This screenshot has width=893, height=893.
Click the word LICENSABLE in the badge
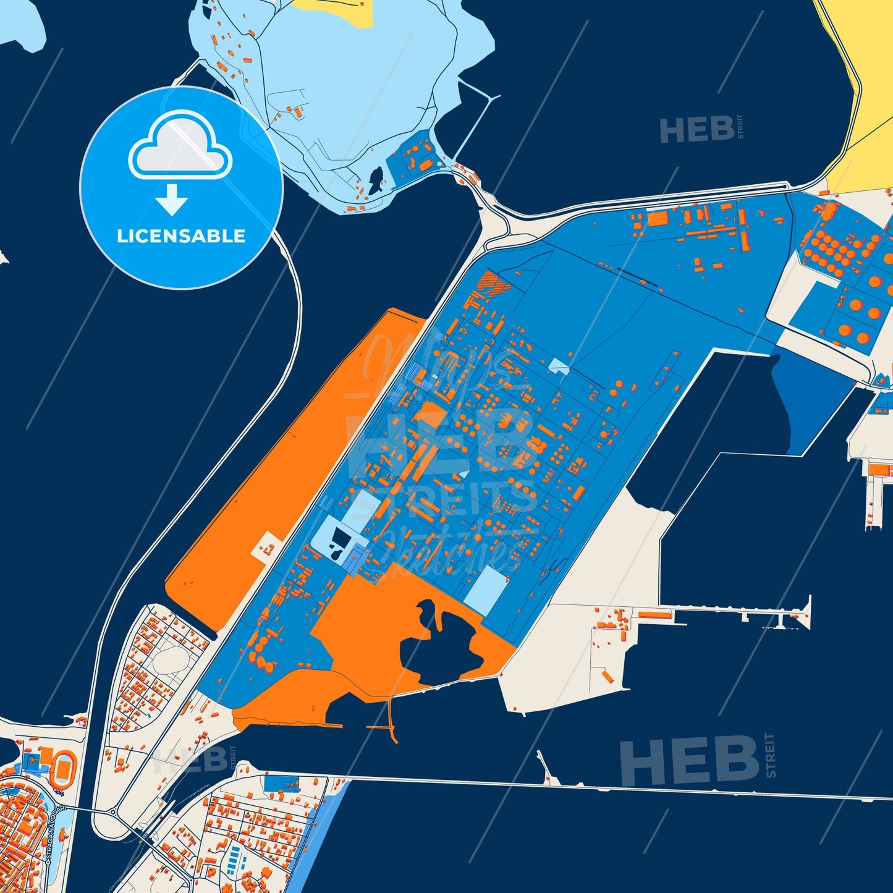click(x=181, y=236)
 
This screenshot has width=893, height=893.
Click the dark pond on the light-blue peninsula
click(x=376, y=180)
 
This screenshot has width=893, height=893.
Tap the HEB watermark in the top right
click(x=697, y=129)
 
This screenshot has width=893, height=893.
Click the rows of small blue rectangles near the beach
click(x=234, y=859)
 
